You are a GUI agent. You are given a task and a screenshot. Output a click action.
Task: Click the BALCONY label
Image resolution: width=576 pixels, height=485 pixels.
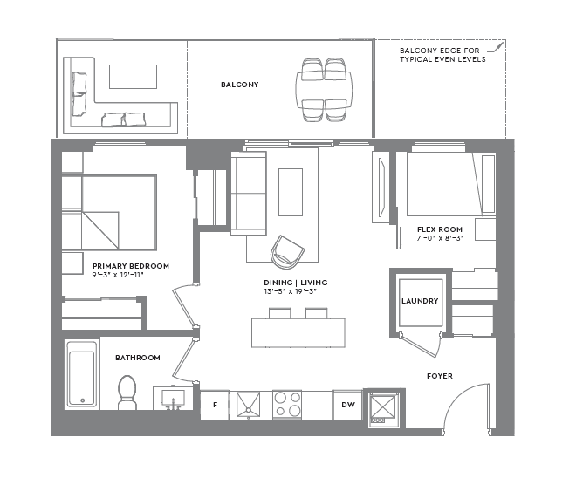tap(240, 85)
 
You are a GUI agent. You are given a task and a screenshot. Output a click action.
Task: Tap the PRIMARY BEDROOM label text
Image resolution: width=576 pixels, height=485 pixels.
tap(130, 266)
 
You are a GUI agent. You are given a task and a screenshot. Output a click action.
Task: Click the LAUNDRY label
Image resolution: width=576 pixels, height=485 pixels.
tap(420, 302)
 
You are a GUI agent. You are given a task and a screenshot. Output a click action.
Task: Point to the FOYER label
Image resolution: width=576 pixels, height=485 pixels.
tap(439, 376)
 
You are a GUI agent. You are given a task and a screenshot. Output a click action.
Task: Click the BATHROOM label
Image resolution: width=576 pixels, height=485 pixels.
tap(138, 358)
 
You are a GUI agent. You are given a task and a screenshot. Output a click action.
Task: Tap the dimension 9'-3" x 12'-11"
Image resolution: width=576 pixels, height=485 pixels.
tap(118, 276)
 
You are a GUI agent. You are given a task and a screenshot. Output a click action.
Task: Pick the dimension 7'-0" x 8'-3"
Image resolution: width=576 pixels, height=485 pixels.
tap(439, 237)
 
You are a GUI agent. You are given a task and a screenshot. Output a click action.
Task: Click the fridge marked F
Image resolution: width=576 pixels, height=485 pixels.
tap(215, 405)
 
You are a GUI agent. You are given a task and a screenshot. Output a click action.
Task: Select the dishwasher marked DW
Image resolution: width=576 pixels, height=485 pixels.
tap(347, 405)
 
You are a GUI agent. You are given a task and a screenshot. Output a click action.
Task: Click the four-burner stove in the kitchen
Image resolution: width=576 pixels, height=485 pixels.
tap(288, 405)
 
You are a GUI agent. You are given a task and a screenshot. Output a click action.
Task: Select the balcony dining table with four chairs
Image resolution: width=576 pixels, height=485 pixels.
tap(324, 87)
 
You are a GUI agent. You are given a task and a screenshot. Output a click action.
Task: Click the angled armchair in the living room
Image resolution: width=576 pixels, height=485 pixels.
tap(288, 251)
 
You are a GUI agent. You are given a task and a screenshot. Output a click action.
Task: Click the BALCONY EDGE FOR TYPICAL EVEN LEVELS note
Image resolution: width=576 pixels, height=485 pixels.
tap(442, 54)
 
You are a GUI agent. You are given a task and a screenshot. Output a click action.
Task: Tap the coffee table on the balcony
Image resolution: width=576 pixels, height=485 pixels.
tap(133, 76)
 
